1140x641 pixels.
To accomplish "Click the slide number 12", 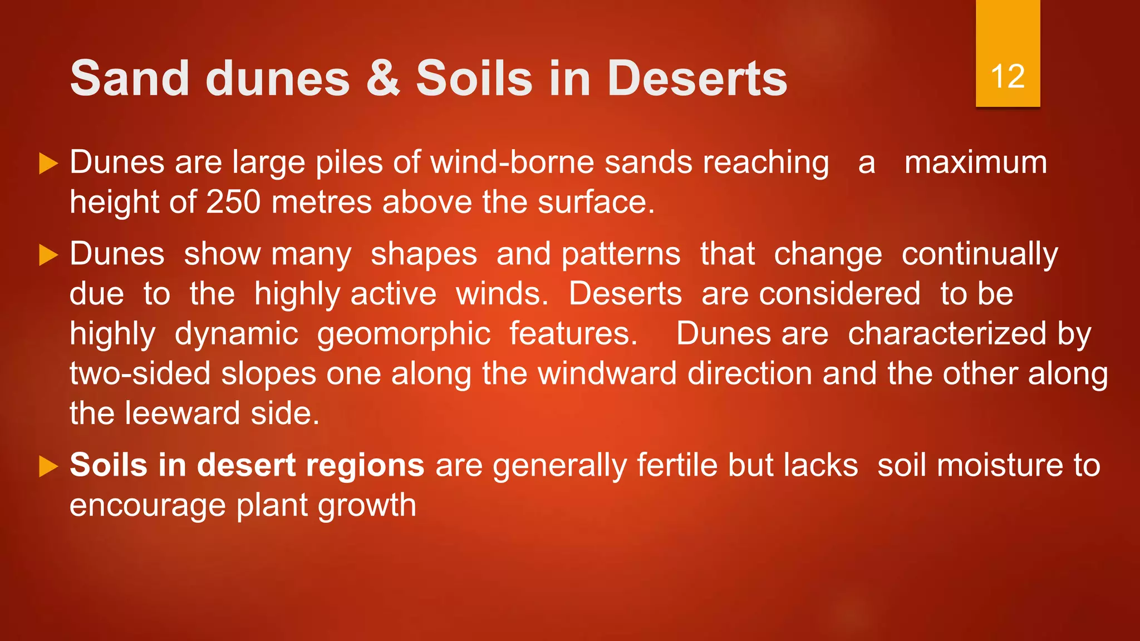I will click(1008, 76).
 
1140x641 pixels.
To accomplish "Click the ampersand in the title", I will click(383, 78).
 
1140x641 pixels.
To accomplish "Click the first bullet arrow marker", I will click(49, 164).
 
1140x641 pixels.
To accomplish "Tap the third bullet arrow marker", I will click(49, 466).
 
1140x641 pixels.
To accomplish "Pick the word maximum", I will click(975, 162).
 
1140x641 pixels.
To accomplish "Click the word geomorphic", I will click(404, 334).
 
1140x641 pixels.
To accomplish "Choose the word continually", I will click(980, 254).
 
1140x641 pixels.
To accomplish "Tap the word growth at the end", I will click(367, 506).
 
